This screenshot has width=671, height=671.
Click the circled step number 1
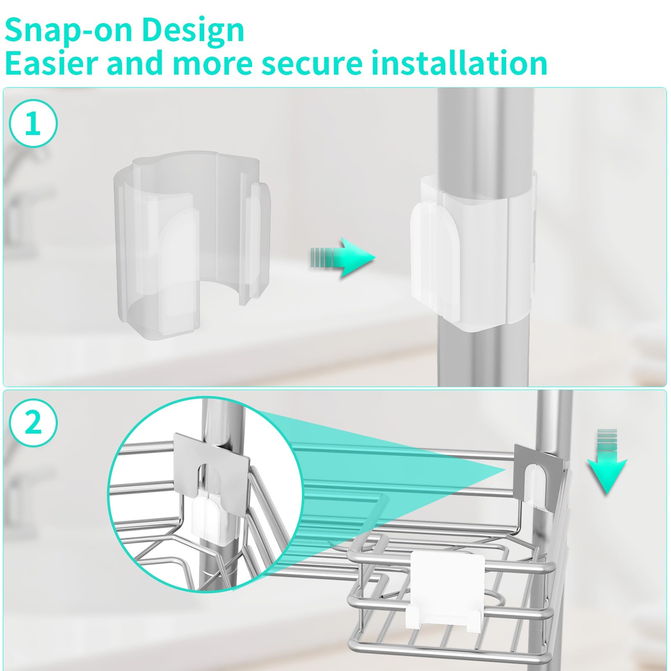[x=33, y=123]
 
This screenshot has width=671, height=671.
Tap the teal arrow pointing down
[x=607, y=460]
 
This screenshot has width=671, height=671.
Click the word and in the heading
[x=134, y=62]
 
